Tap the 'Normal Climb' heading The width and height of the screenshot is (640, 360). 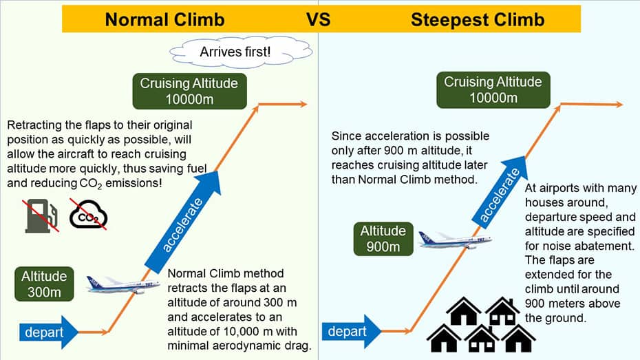(164, 19)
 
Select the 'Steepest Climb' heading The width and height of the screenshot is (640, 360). (477, 19)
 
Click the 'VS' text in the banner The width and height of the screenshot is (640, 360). (318, 19)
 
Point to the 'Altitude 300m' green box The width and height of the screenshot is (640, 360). (44, 284)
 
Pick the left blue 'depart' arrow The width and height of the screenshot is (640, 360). (47, 332)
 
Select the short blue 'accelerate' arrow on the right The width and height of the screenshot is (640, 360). (498, 193)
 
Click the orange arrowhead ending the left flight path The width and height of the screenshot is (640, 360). (301, 105)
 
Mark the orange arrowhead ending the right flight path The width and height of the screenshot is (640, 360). (617, 105)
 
